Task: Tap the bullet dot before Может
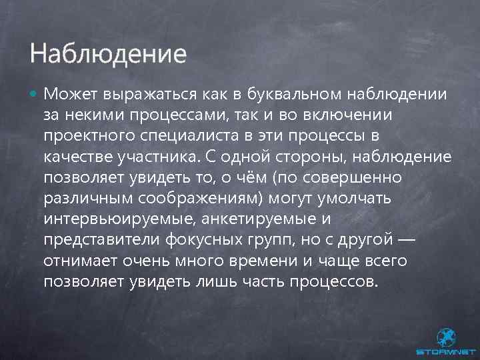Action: coord(34,95)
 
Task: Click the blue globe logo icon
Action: coord(446,337)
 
